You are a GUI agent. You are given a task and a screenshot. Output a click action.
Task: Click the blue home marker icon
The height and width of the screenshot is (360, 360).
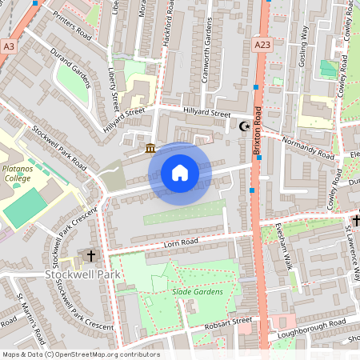click(x=180, y=173)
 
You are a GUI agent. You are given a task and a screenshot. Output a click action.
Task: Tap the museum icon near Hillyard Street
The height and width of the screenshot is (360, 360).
click(x=150, y=147)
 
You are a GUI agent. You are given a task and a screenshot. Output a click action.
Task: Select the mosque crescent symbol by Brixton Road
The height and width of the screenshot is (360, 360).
click(x=246, y=126)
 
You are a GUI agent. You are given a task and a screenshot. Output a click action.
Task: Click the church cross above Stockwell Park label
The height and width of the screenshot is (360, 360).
click(x=90, y=256)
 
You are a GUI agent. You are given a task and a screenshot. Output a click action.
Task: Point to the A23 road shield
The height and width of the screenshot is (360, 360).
click(x=261, y=46)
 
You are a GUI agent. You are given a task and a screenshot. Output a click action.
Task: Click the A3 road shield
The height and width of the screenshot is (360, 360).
click(x=9, y=47)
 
